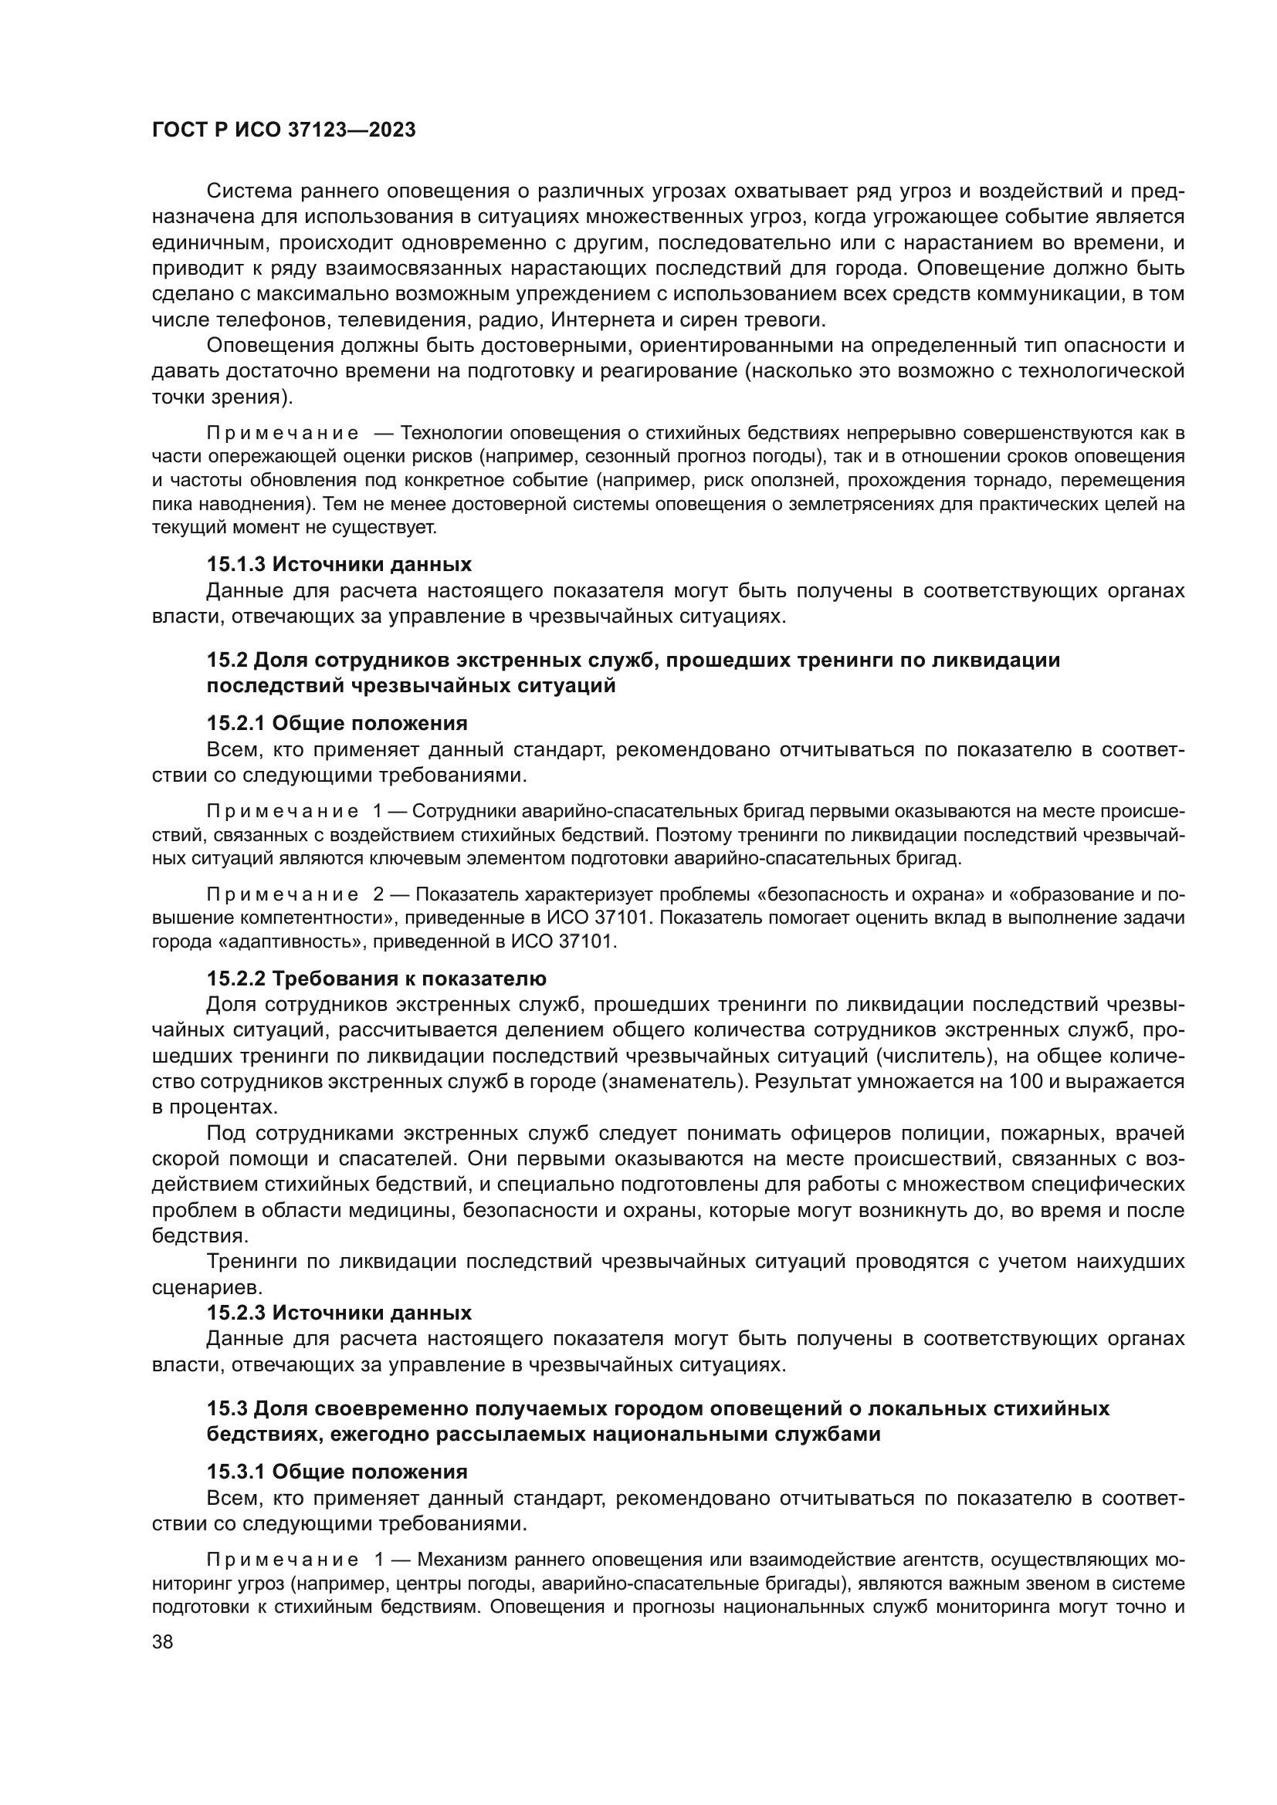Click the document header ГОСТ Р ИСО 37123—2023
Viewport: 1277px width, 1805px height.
(x=283, y=130)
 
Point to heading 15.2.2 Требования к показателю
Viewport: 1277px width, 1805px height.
(x=376, y=979)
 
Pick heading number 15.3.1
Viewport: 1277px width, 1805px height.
(x=236, y=1472)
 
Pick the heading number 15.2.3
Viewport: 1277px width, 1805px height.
(x=236, y=1313)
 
